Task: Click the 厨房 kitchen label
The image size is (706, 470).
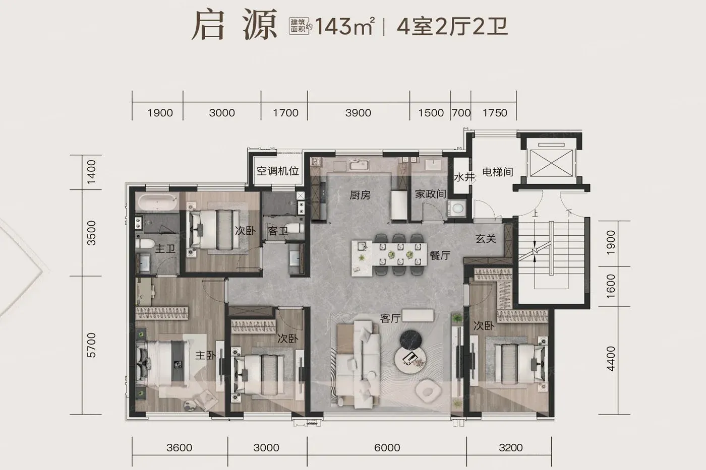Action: (x=360, y=195)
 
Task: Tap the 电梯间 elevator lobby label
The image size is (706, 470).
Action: (x=498, y=172)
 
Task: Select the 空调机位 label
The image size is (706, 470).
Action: (x=278, y=171)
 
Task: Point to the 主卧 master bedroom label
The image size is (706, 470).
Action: (x=206, y=355)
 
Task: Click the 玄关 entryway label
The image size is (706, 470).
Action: (x=486, y=239)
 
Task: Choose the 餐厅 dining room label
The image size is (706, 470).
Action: (x=440, y=255)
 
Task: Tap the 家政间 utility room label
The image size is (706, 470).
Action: (x=431, y=194)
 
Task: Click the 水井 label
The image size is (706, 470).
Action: (x=464, y=177)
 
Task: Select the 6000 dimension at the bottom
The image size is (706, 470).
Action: (x=387, y=447)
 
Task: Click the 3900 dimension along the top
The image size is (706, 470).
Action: (x=358, y=113)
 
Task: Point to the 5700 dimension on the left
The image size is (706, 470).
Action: (x=91, y=345)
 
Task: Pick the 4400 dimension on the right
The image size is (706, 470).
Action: (x=611, y=359)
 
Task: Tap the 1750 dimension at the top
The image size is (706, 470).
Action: (x=495, y=113)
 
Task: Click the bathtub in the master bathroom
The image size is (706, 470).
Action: (x=157, y=202)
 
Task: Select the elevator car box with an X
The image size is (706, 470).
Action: (x=551, y=163)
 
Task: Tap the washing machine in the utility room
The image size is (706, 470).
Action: (x=457, y=208)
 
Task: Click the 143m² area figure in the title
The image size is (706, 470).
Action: (x=344, y=26)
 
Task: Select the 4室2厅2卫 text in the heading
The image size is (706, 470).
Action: (x=452, y=26)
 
